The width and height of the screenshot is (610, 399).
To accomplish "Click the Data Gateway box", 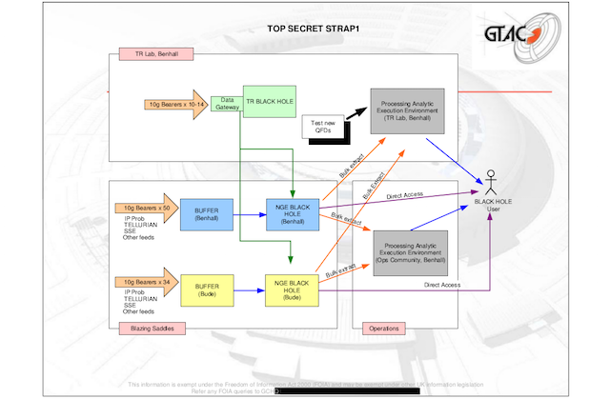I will (x=228, y=103).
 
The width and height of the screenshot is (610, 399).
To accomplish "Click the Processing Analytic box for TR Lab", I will (x=411, y=110).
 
